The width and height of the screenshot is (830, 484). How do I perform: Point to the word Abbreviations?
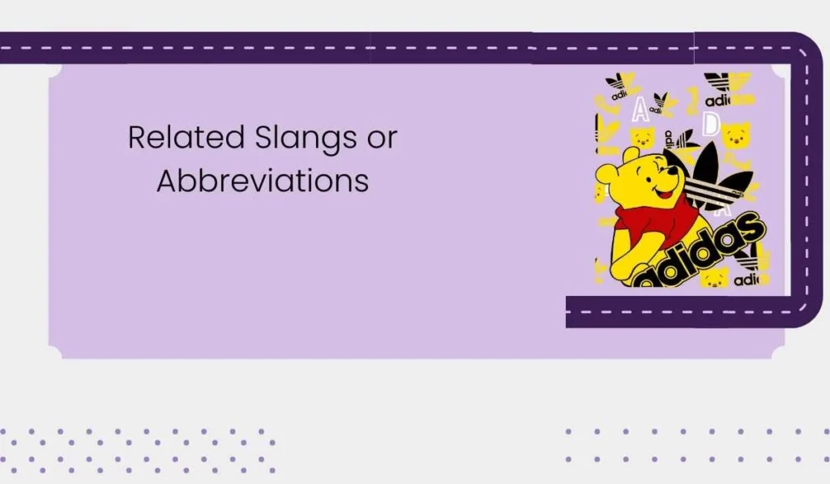(x=263, y=180)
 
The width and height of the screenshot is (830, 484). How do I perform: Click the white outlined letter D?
(x=711, y=124)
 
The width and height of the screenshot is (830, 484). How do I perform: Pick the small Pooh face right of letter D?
(x=736, y=135)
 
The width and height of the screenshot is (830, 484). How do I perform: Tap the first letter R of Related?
(x=137, y=137)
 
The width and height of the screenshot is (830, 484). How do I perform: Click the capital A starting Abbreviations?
(x=166, y=180)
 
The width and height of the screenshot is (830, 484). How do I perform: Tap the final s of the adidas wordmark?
(x=749, y=227)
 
